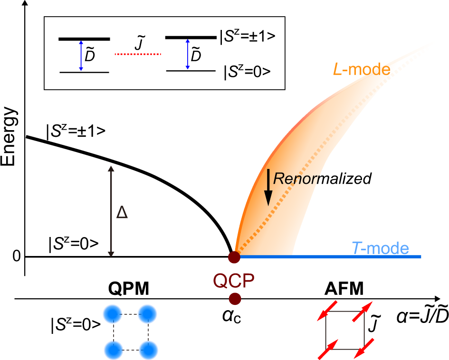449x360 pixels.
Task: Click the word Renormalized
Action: [x=322, y=179]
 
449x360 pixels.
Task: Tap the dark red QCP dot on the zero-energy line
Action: [x=234, y=257]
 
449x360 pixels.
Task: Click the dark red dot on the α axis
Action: [x=234, y=299]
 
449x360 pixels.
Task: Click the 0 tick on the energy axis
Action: [x=17, y=257]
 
